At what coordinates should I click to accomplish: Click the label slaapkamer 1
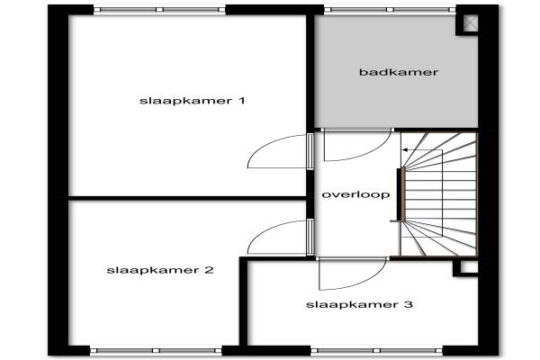click(x=193, y=101)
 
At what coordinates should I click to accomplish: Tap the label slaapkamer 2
click(x=159, y=269)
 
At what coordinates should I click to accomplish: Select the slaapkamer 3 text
click(x=359, y=305)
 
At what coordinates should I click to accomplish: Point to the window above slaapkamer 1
click(x=159, y=10)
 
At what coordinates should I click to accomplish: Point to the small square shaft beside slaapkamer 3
click(x=467, y=267)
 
